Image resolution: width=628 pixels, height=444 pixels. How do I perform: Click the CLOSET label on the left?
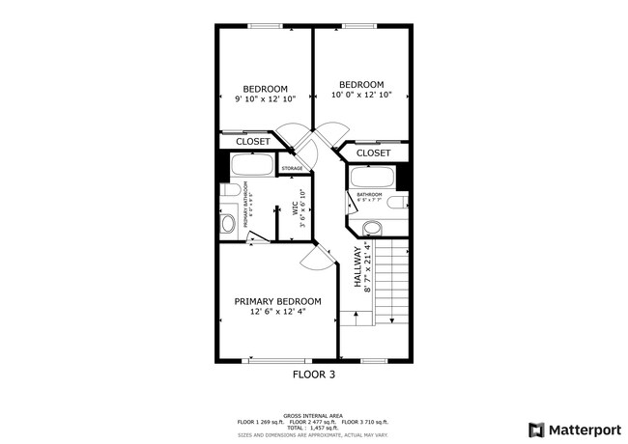pos(253,142)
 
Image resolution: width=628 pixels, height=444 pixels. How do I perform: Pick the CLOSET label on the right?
pos(373,153)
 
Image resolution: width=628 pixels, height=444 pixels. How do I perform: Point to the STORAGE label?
pos(292,169)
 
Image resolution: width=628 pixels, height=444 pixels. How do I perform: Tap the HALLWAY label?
pos(357,267)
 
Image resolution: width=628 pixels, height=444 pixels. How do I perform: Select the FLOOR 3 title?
pos(314,373)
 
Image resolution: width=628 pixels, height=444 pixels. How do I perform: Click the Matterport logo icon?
pos(535,430)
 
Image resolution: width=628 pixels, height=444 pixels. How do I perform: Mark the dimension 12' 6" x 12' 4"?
pos(278,312)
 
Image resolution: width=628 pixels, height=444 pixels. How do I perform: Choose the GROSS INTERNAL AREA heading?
pos(314,411)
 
